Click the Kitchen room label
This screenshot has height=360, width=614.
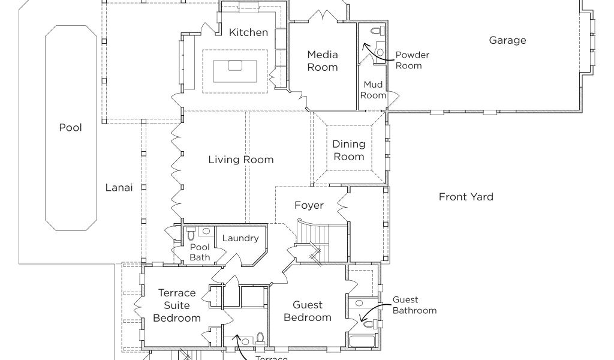(x=248, y=32)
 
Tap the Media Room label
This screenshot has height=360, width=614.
(x=323, y=61)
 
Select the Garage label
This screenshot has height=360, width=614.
(x=507, y=40)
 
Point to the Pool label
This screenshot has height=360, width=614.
(x=70, y=127)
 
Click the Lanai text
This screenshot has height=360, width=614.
(x=119, y=187)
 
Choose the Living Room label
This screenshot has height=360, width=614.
(x=240, y=160)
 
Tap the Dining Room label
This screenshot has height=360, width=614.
(x=349, y=150)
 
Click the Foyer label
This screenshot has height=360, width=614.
(x=309, y=205)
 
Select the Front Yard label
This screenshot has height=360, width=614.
(x=466, y=197)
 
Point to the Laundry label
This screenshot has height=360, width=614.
(x=240, y=238)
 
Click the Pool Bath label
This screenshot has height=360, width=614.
(x=200, y=252)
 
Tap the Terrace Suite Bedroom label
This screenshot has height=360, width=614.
(x=176, y=305)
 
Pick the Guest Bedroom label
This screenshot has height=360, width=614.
(x=308, y=311)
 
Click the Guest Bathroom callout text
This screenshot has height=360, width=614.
(x=414, y=305)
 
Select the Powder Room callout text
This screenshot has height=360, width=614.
(x=412, y=60)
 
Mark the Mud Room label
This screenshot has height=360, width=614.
(x=373, y=90)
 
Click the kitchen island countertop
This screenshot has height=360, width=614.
(x=234, y=71)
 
